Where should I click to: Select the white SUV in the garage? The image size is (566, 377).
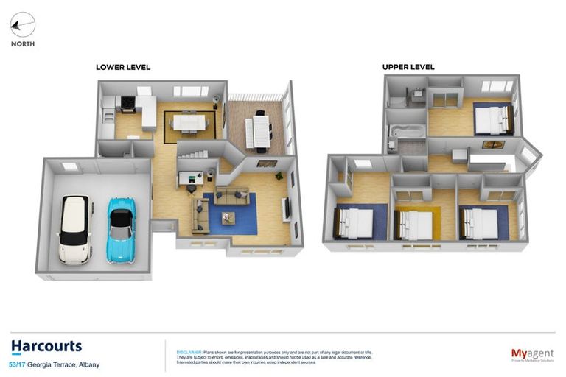[74, 228]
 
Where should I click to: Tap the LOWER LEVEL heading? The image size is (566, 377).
[123, 67]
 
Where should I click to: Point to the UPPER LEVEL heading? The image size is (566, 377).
[408, 67]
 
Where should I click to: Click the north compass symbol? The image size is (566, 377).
[22, 27]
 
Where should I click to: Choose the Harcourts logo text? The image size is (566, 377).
[46, 347]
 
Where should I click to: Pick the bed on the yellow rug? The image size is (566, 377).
[415, 223]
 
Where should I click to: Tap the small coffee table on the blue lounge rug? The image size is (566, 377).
[229, 216]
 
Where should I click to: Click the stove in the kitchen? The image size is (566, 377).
[127, 104]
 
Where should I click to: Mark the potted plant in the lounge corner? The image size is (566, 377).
[279, 176]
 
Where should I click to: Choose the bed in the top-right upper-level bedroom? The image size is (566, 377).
[492, 120]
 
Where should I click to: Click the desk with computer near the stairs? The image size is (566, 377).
[190, 177]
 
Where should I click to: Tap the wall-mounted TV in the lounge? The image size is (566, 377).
[287, 208]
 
